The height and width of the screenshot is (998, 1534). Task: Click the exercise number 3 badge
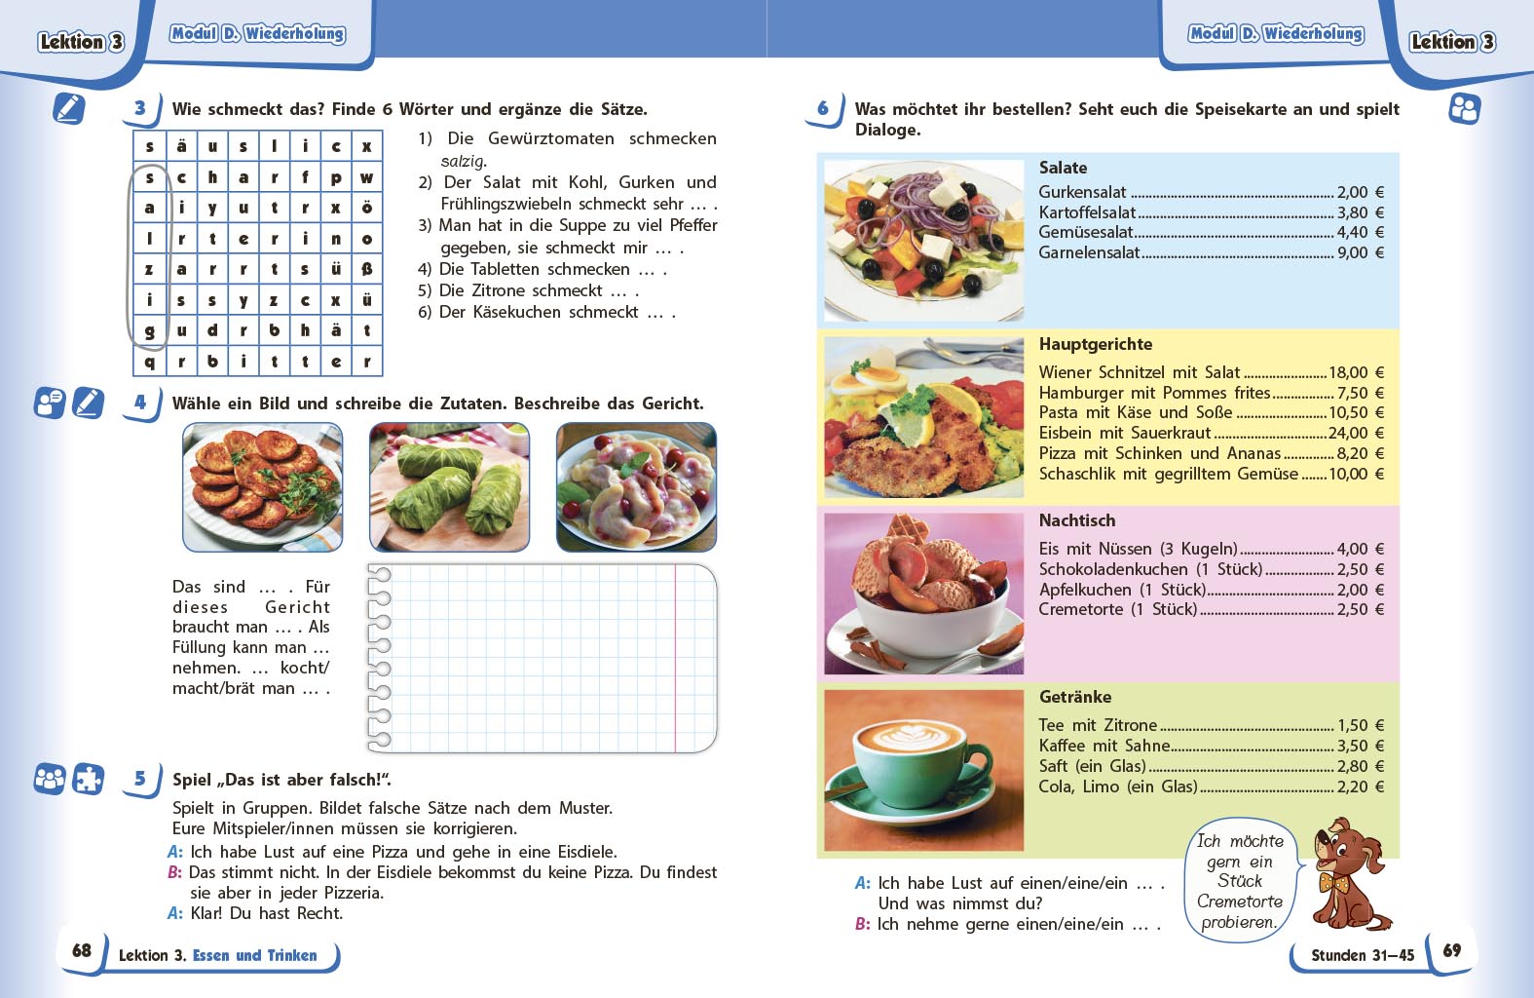[141, 108]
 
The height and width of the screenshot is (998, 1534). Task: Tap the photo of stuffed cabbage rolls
[449, 486]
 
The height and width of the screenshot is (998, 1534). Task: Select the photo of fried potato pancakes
[262, 486]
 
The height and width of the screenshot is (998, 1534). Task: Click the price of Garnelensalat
[1360, 252]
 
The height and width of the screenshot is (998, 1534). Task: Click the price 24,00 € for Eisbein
[1356, 433]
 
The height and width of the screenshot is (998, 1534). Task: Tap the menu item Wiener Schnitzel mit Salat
[1139, 372]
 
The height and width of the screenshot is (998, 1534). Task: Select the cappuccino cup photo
[923, 769]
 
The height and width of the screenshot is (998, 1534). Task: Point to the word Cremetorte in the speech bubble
[1239, 902]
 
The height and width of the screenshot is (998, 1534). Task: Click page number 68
[82, 950]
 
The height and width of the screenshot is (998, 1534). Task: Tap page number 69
[1451, 950]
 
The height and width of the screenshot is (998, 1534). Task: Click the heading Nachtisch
[1076, 520]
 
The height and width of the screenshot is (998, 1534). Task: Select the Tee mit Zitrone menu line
[1098, 725]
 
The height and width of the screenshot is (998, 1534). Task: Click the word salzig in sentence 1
[464, 161]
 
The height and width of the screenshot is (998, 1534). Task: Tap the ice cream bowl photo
[923, 593]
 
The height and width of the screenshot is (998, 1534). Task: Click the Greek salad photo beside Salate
[923, 240]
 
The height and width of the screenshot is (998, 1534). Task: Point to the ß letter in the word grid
[366, 269]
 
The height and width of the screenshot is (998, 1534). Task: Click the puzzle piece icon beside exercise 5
[89, 779]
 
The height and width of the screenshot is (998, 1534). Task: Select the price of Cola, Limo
[1360, 787]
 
